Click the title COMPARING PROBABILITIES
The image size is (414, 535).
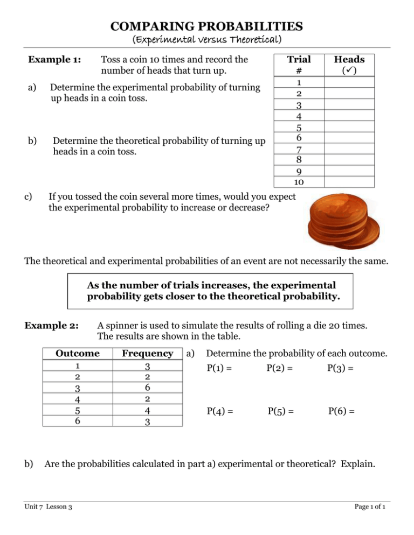pyautogui.click(x=207, y=25)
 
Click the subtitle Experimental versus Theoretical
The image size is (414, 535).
pyautogui.click(x=207, y=39)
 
